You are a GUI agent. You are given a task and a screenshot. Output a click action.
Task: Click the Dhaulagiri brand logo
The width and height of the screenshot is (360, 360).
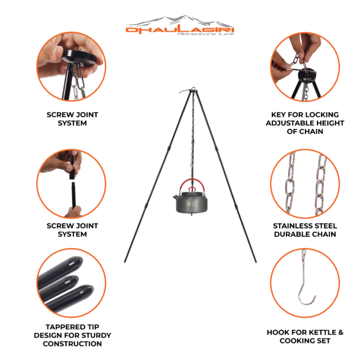click(x=180, y=26)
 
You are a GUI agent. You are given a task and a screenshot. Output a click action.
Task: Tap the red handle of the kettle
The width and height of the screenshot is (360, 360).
click(x=192, y=180)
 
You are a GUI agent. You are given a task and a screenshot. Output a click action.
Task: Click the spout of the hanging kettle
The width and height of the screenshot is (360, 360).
click(x=176, y=197)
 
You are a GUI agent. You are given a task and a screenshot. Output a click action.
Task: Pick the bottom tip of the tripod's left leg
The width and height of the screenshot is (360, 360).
click(x=125, y=262)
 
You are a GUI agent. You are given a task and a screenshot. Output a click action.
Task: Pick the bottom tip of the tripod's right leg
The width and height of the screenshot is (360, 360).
click(x=256, y=262)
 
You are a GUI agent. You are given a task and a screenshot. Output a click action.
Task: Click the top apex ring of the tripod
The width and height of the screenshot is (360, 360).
click(x=193, y=88)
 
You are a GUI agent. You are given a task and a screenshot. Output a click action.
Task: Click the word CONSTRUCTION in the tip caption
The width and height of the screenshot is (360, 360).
click(x=73, y=344)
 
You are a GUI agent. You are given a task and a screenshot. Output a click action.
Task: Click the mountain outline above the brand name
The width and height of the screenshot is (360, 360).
click(x=179, y=20)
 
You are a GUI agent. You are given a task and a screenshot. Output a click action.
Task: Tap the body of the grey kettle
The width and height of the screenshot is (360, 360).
click(x=192, y=203)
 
